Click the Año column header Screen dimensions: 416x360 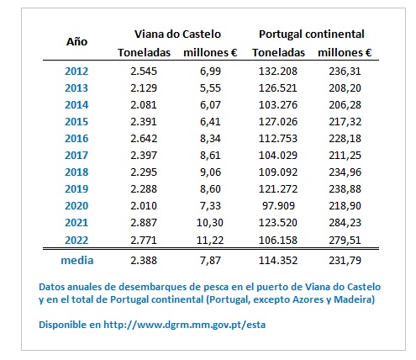point(76,42)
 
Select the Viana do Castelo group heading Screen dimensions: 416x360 point(177,34)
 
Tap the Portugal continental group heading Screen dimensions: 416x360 point(311,34)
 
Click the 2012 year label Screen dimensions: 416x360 point(76,71)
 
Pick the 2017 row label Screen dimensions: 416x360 point(76,156)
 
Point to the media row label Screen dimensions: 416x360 point(77,261)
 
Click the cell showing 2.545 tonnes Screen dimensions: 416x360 point(144,71)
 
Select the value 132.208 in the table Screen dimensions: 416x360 point(278,71)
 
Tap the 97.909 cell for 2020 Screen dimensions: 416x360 point(278,206)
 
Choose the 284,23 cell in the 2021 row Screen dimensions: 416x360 point(345,223)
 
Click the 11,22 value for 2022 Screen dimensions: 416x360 point(210,241)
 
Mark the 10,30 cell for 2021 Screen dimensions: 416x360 point(210,223)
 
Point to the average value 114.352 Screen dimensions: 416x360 point(278,261)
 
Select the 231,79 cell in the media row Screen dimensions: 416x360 point(345,261)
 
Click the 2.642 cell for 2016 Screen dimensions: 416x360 point(144,139)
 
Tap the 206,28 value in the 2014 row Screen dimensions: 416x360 point(345,105)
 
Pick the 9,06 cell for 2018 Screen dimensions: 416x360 point(210,172)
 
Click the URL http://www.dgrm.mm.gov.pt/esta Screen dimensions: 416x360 point(185,325)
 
